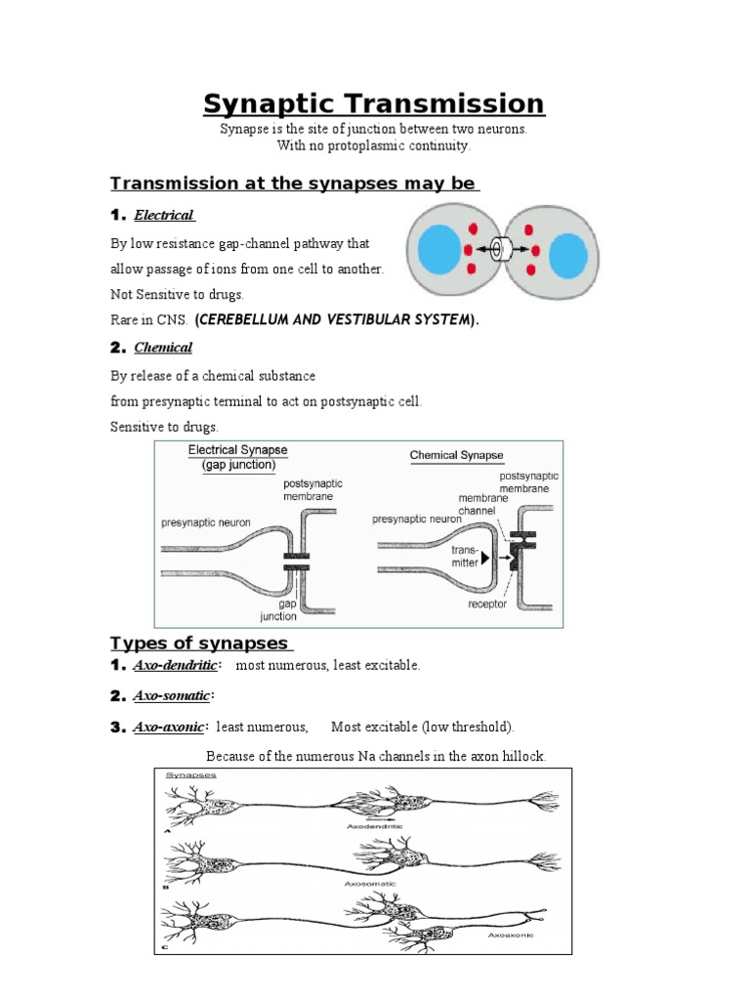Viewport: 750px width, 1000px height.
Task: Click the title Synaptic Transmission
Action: [374, 104]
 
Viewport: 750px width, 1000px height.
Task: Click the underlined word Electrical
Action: [164, 215]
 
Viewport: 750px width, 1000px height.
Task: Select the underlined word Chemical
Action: [163, 347]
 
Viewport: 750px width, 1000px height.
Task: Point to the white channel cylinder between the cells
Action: [504, 250]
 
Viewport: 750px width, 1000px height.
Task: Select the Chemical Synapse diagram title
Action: [456, 455]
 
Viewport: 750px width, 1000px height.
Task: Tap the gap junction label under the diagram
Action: [278, 609]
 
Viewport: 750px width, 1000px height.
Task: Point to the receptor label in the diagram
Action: [487, 604]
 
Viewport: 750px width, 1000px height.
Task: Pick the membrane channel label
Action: [471, 503]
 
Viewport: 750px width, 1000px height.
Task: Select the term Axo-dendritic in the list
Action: [176, 666]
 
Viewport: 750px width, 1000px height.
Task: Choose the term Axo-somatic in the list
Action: [172, 696]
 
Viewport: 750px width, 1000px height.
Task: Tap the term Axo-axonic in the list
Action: [170, 727]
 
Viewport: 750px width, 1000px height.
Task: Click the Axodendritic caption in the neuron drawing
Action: [375, 825]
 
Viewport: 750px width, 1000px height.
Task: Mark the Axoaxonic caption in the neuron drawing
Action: [510, 935]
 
